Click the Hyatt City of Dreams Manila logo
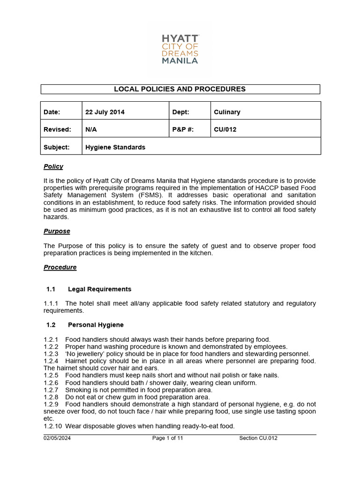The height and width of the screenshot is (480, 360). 180,48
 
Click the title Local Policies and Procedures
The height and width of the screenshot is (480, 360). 180,89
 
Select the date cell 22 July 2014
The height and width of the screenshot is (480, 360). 105,112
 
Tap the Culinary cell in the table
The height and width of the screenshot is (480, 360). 227,112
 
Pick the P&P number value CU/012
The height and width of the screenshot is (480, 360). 225,129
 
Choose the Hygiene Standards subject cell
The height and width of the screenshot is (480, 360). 115,147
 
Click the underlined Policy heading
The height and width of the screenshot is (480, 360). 53,166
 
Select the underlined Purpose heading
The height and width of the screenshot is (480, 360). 57,231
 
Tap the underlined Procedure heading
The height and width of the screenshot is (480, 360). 60,267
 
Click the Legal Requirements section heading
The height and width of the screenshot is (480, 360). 99,289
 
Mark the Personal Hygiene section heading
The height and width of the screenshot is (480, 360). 96,325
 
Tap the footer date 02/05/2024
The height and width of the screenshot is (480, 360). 57,438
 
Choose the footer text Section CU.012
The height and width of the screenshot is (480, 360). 258,438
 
